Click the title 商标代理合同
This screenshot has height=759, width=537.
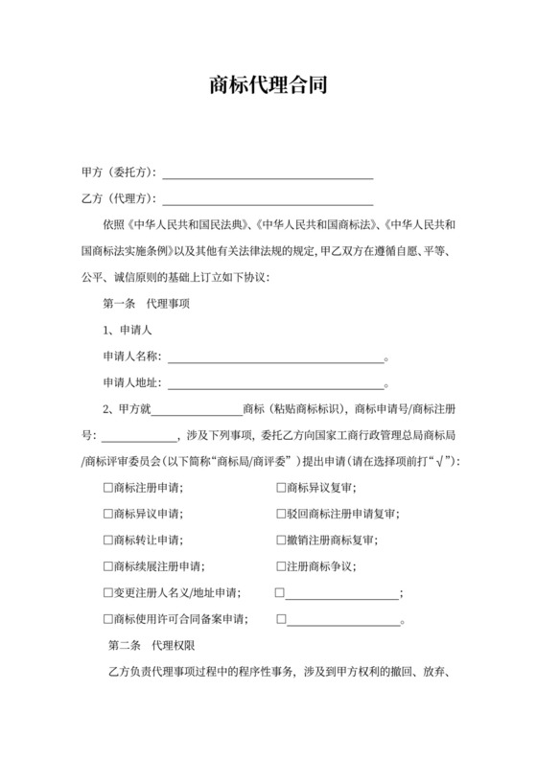268,85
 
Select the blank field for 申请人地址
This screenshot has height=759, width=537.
275,382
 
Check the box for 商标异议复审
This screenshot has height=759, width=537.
280,488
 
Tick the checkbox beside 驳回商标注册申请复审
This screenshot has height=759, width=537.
280,514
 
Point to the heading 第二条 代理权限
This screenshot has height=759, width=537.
153,645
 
